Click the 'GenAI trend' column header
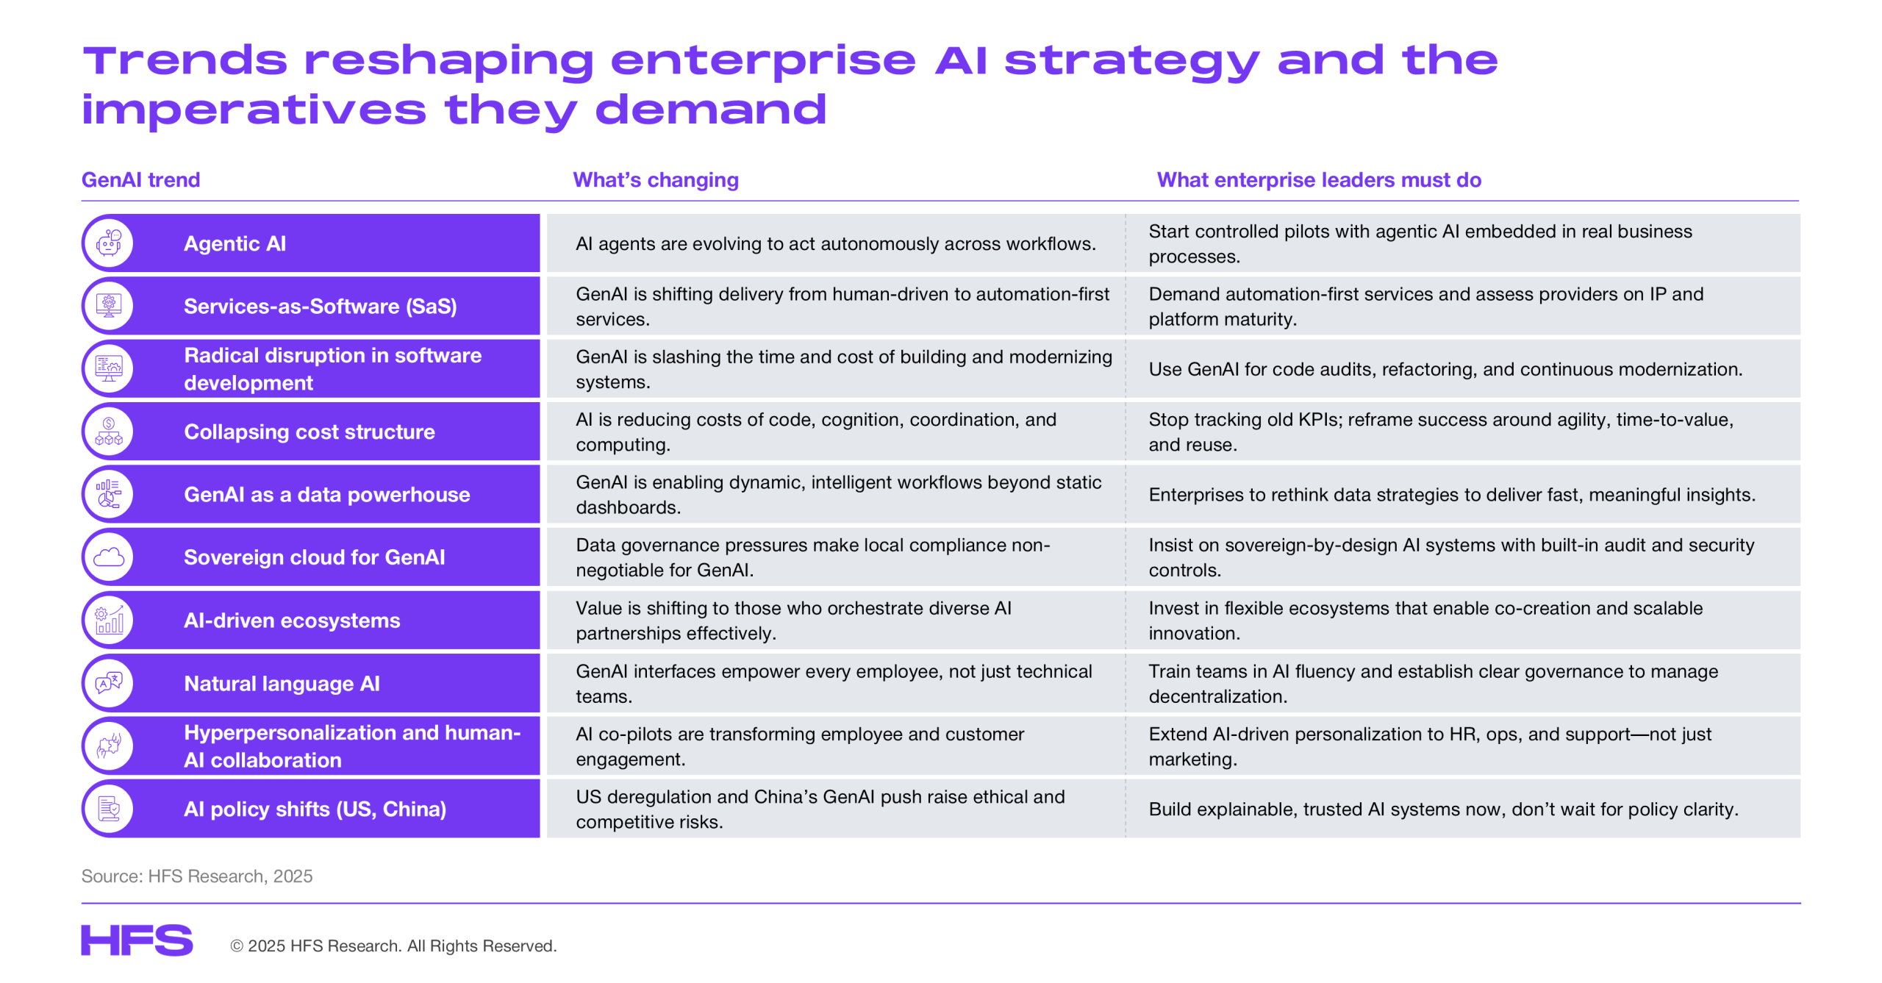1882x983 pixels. pos(140,180)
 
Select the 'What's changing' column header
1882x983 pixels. pos(656,180)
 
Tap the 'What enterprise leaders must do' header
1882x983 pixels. pos(1319,180)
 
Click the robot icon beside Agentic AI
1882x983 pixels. pos(109,243)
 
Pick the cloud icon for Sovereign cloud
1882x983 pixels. pos(109,557)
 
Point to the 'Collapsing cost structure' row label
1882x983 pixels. pos(310,432)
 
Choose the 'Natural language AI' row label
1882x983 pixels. pos(282,684)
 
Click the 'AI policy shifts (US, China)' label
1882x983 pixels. pos(315,809)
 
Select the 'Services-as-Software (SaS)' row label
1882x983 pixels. pos(321,306)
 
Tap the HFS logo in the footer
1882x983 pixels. pos(137,940)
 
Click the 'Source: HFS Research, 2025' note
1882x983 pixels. pos(197,876)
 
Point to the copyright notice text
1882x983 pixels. pos(393,946)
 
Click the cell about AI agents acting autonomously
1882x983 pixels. pos(836,243)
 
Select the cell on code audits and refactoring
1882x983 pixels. pos(1445,369)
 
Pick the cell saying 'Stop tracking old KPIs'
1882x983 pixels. pos(1441,432)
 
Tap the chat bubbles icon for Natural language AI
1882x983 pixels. pos(109,683)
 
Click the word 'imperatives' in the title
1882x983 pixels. pos(254,110)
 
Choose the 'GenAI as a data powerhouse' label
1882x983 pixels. pos(327,495)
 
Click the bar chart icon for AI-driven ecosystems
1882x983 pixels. pos(109,620)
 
